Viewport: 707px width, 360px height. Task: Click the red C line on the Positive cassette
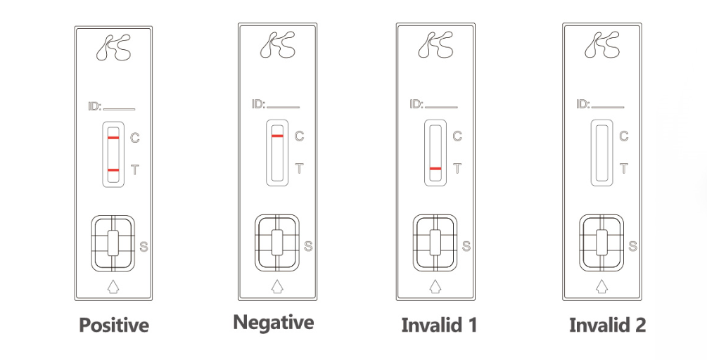[x=113, y=137]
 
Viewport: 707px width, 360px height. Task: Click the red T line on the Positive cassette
[x=113, y=170]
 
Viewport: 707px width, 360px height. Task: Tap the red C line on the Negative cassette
[x=277, y=136]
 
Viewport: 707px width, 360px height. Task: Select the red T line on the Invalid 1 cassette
[x=435, y=169]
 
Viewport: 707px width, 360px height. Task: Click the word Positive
[x=114, y=325]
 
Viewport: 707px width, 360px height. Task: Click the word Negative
[x=273, y=323]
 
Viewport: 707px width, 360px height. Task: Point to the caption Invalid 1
[x=439, y=325]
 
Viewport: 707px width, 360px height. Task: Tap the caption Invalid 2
[x=607, y=325]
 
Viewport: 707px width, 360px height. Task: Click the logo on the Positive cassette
[x=114, y=47]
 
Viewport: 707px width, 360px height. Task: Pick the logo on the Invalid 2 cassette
[x=602, y=44]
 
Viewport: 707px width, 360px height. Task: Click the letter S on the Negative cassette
[x=308, y=247]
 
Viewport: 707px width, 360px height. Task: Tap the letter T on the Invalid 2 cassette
[x=624, y=169]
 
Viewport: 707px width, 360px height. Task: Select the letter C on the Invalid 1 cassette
[x=457, y=136]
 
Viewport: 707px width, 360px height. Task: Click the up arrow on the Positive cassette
[x=113, y=287]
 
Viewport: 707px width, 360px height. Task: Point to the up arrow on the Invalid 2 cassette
[x=601, y=286]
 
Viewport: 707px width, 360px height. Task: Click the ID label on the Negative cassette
[x=258, y=105]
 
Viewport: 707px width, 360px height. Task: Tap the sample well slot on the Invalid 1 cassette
[x=435, y=243]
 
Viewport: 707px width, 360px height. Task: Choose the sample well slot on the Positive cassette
[x=113, y=243]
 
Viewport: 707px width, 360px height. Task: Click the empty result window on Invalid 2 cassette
[x=602, y=153]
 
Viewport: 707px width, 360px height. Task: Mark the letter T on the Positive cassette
[x=135, y=170]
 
